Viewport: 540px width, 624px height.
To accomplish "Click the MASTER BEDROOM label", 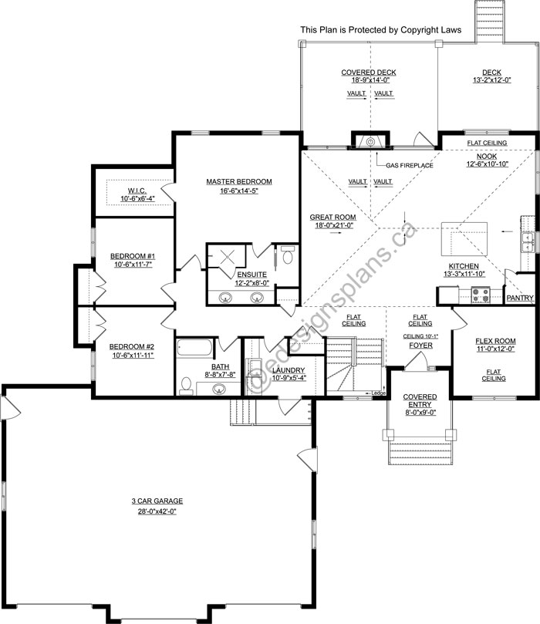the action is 239,181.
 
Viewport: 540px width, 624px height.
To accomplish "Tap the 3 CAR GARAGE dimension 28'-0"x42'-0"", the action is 157,511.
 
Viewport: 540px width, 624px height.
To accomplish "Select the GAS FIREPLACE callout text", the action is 410,165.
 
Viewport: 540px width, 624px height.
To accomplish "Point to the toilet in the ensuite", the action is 287,255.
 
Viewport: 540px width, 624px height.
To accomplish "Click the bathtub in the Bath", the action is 194,347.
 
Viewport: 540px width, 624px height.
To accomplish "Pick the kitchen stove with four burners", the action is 481,295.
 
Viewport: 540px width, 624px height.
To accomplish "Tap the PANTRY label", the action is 520,298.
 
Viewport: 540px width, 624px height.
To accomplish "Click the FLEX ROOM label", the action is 495,341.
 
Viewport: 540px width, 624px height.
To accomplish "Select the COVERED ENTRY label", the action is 420,400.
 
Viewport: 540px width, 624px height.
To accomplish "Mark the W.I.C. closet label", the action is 137,191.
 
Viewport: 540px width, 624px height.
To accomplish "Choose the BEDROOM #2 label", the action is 132,346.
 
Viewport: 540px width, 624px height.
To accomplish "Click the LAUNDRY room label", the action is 289,370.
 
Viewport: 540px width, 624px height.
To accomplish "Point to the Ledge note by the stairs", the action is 378,393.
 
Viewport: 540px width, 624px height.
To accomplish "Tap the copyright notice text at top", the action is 381,30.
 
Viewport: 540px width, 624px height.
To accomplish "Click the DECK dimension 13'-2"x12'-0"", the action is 492,80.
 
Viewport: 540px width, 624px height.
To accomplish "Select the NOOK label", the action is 487,157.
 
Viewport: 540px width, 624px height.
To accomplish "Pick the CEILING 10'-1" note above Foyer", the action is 420,336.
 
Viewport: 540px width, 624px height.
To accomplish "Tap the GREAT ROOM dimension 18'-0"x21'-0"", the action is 332,225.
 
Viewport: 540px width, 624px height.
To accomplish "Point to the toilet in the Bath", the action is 186,385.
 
